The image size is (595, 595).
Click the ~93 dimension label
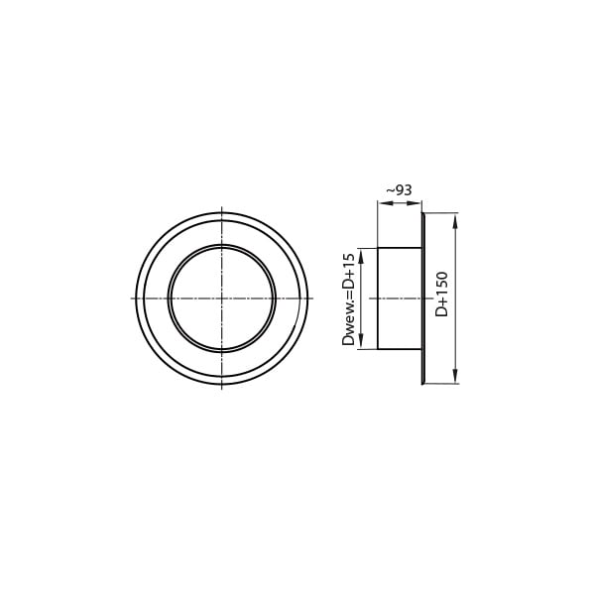pos(399,190)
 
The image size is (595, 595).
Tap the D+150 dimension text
pos(441,295)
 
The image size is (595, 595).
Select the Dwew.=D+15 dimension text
pos(348,299)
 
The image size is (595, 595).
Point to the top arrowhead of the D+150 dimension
pos(456,220)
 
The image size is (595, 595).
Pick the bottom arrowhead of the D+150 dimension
pos(456,377)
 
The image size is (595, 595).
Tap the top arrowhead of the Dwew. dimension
pos(361,256)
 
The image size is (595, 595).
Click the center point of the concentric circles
pos(222,298)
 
